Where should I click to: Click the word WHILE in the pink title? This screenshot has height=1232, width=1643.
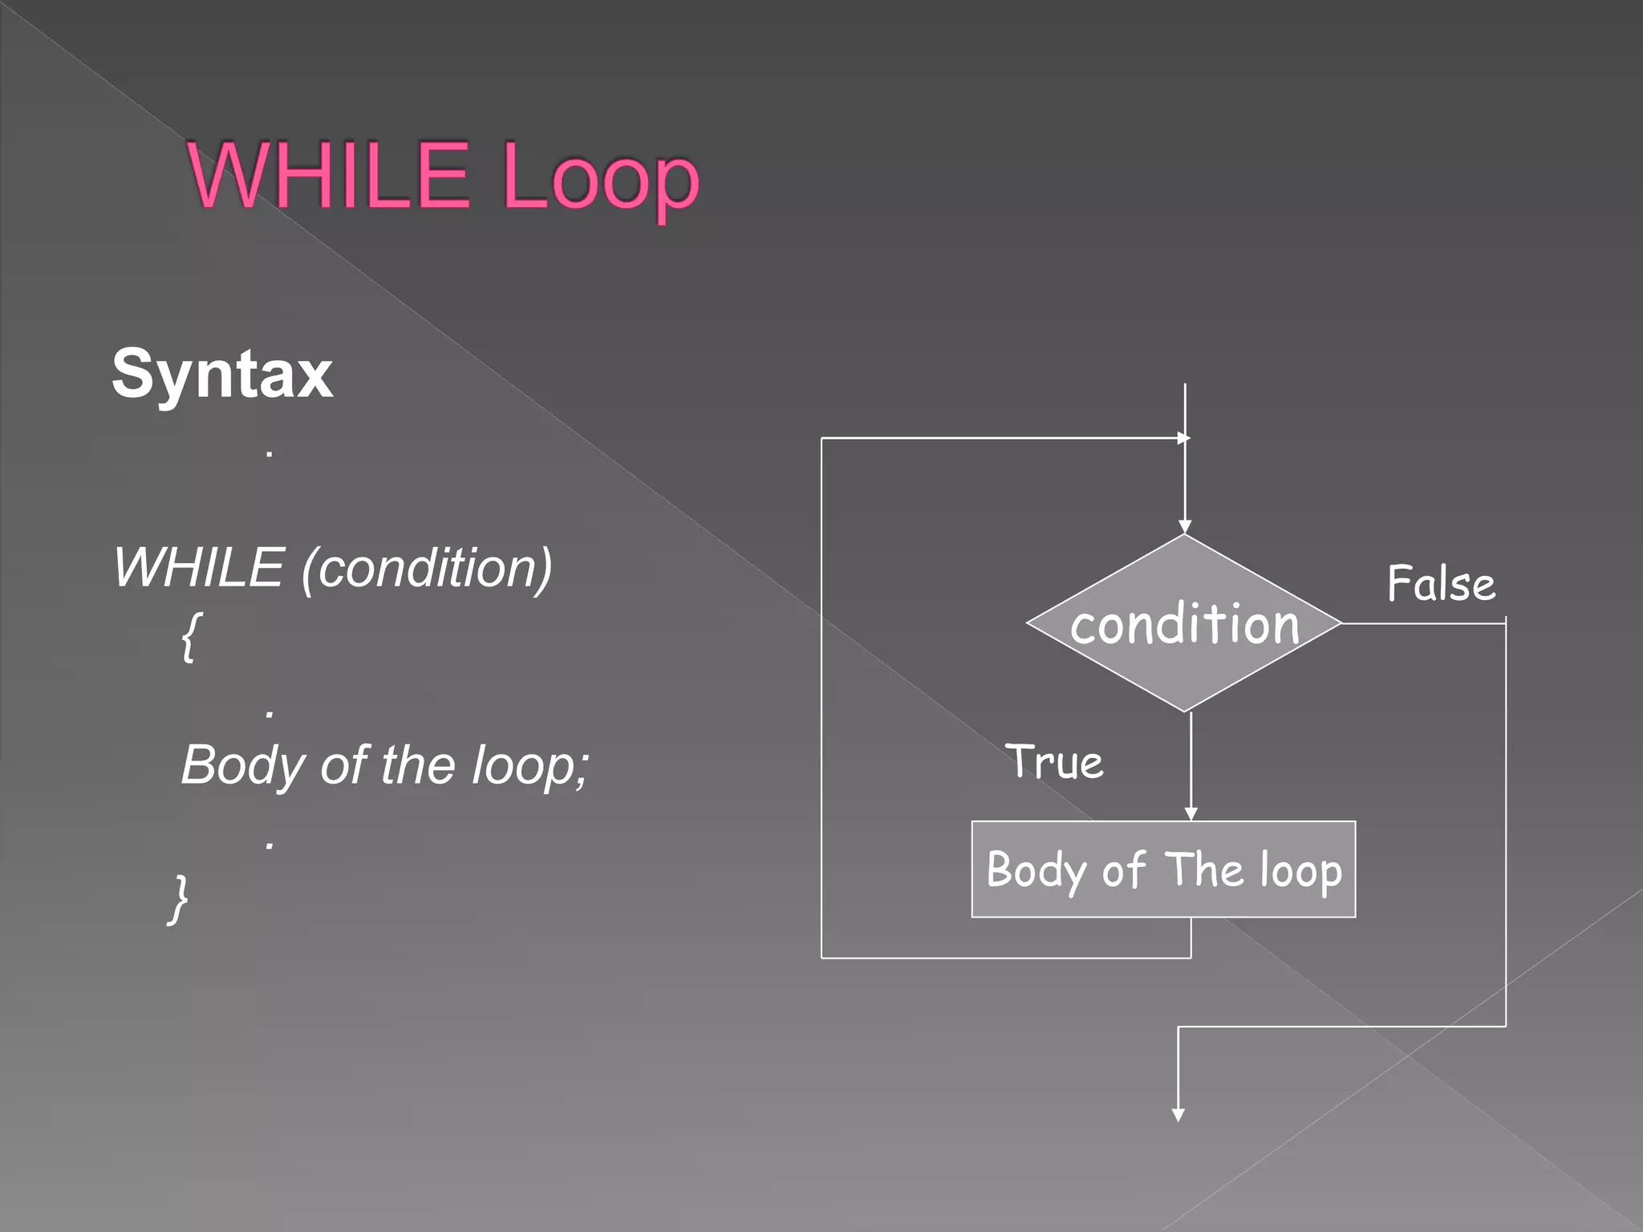328,174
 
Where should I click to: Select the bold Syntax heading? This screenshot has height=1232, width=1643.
222,374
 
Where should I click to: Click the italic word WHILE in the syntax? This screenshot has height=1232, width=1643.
200,568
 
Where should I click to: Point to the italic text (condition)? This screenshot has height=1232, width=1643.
427,568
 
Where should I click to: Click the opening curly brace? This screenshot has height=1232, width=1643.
191,637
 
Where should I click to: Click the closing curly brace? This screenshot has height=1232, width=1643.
179,898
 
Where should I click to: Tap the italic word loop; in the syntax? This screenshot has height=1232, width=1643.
529,764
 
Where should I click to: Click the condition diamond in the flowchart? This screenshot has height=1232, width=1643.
1184,623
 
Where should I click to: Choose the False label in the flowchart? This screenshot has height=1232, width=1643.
1441,583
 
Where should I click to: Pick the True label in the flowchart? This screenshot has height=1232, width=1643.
1054,761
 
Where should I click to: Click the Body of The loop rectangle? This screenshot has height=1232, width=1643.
1163,869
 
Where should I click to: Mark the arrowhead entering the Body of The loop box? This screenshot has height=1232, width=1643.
1191,814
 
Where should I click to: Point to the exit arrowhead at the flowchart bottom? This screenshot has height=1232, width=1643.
1178,1115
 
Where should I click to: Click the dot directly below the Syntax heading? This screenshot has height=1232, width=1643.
270,455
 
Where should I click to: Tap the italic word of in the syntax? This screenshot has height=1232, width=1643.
344,764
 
